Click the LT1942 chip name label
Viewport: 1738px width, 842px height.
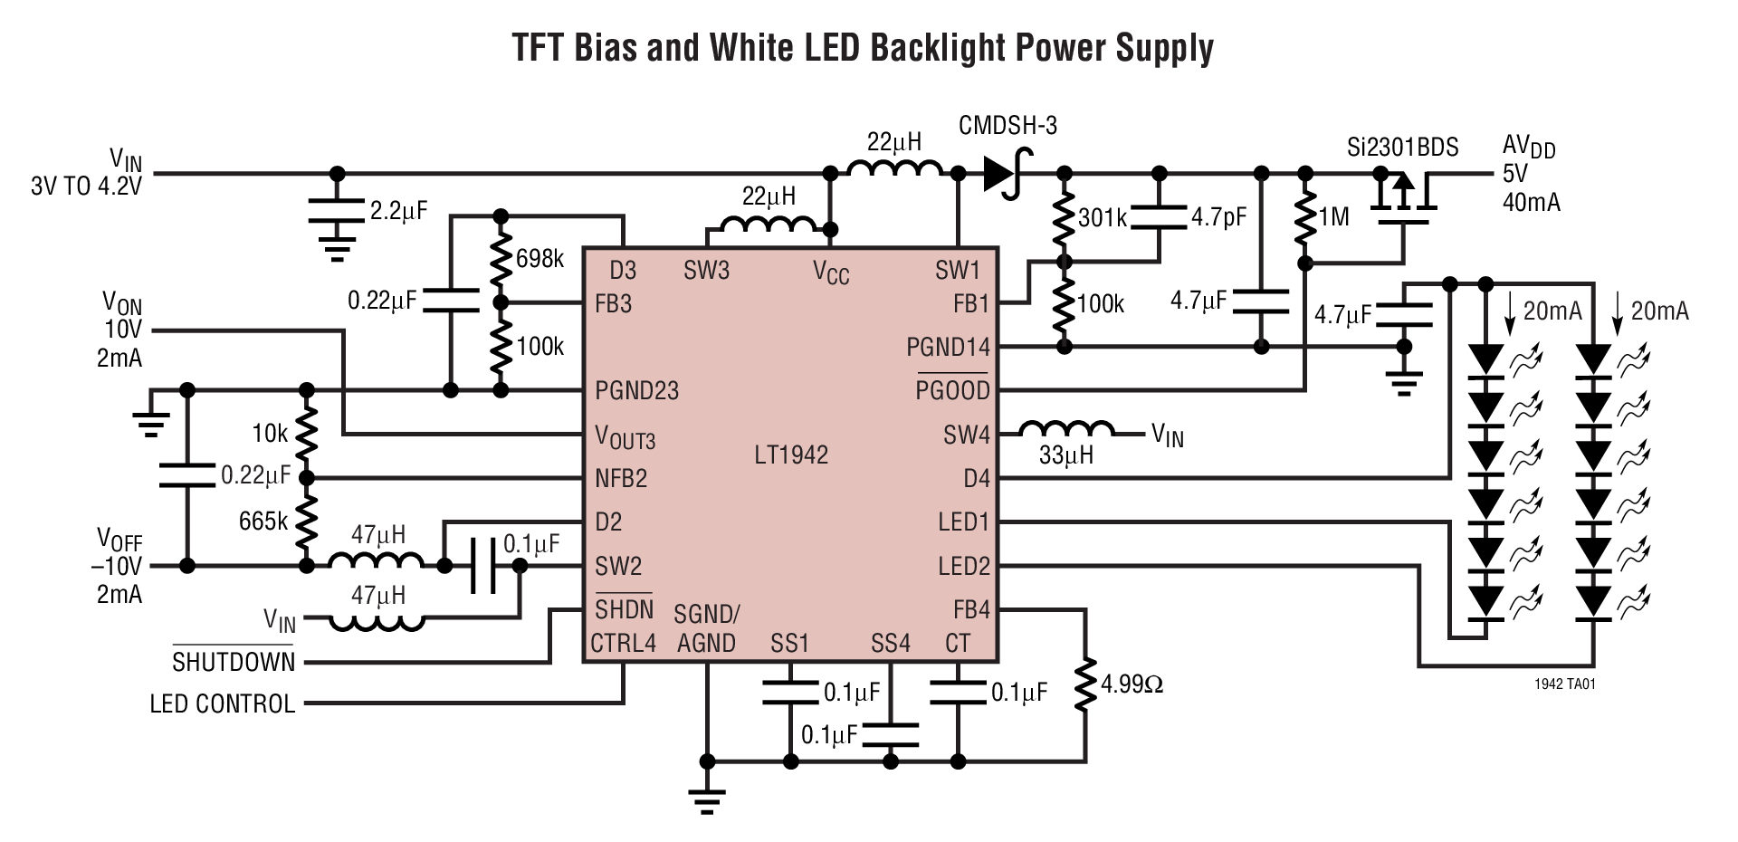click(791, 454)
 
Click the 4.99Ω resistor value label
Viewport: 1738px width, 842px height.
click(1132, 684)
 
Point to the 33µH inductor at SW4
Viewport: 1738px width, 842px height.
click(1066, 431)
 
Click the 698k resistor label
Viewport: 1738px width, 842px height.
click(540, 259)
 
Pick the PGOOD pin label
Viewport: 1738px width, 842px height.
click(952, 390)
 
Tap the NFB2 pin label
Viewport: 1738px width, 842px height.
click(621, 478)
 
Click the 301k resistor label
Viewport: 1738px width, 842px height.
click(1102, 218)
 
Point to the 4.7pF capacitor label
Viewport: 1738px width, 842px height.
click(1218, 218)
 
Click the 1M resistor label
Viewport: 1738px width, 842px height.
click(1333, 217)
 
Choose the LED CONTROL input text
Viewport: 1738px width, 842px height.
click(223, 703)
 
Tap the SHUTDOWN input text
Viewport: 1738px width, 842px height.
click(234, 662)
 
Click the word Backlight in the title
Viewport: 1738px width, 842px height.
click(937, 47)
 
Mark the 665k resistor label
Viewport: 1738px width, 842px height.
click(263, 521)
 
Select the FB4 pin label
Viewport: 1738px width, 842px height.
click(971, 609)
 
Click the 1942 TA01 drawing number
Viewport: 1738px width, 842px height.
click(1564, 685)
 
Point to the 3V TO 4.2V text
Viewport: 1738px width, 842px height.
click(86, 187)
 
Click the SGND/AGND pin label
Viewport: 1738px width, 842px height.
click(706, 629)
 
